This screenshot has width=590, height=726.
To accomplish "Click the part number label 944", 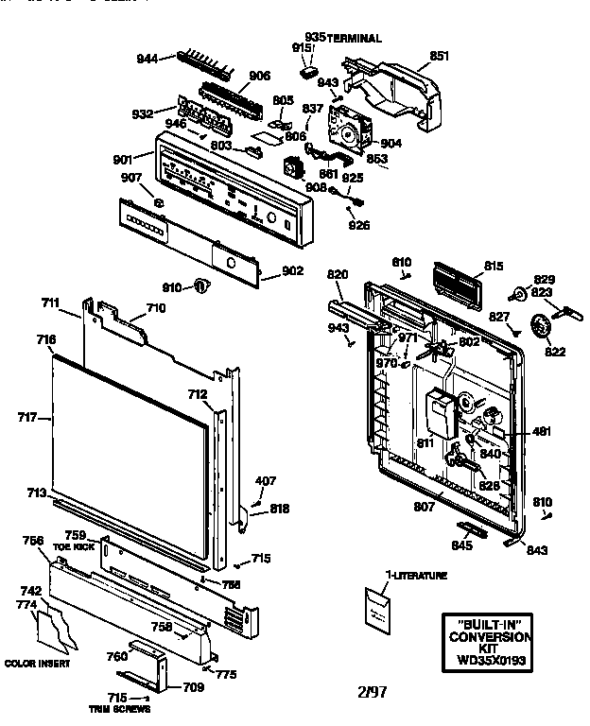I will [x=147, y=59].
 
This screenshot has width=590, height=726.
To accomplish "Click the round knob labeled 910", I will [x=200, y=285].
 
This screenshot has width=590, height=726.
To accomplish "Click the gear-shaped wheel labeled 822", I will [x=541, y=328].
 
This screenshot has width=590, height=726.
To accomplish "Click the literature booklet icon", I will [x=382, y=607].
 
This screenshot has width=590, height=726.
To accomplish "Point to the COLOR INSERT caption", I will [x=35, y=662].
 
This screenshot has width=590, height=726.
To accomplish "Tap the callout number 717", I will [x=28, y=416].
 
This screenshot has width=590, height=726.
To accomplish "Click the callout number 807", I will [x=425, y=507].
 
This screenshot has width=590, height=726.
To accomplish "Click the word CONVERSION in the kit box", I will [x=490, y=637].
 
